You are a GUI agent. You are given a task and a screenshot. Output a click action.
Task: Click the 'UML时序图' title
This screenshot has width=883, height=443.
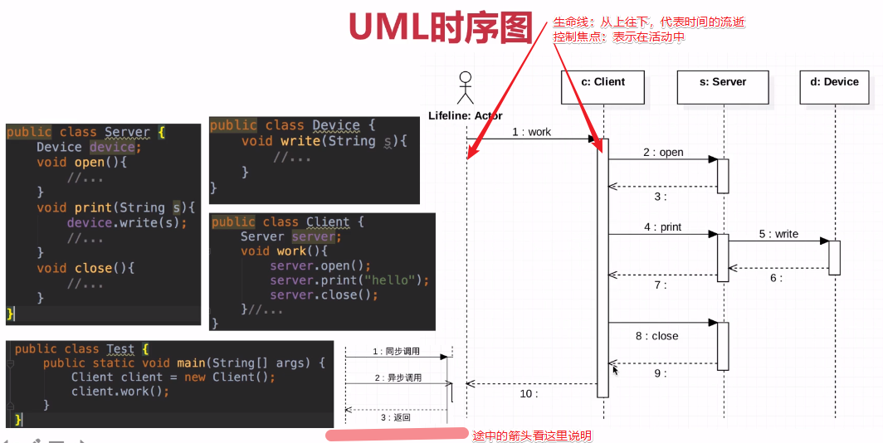(x=441, y=27)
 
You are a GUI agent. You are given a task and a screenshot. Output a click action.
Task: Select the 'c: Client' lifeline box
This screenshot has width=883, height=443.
(x=602, y=87)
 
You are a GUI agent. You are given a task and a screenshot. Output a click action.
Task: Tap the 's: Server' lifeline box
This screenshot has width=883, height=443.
(x=723, y=87)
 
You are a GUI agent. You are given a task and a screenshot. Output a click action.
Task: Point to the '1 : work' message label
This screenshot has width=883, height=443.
(x=531, y=132)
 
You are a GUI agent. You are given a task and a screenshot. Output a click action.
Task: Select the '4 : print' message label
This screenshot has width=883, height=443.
(x=662, y=227)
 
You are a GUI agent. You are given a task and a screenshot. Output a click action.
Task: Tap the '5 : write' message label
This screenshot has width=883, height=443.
(x=778, y=234)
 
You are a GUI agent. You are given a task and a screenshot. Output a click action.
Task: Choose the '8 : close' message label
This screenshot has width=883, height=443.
(x=656, y=336)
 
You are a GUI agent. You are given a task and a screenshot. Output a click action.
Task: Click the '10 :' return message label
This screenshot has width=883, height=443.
(x=529, y=394)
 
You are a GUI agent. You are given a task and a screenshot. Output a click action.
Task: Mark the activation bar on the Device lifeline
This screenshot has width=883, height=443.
(x=834, y=257)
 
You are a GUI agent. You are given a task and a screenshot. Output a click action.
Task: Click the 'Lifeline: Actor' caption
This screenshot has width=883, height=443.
(x=466, y=115)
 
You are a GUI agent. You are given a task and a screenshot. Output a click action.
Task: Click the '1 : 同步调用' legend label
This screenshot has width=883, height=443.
(x=397, y=351)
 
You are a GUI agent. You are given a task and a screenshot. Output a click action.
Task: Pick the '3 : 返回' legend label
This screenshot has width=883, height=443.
(x=396, y=417)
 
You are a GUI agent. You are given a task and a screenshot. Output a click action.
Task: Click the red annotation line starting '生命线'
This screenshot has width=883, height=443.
(x=649, y=23)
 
